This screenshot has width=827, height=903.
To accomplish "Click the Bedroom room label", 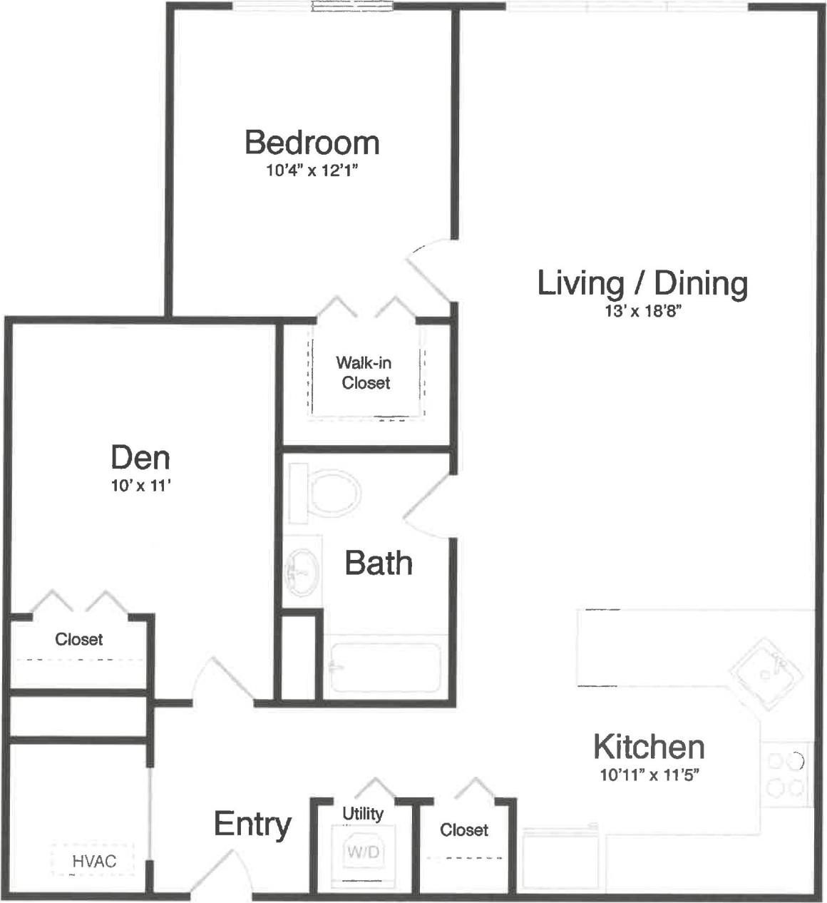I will point(312,143).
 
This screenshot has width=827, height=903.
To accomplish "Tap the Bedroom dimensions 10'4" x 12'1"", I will point(312,170).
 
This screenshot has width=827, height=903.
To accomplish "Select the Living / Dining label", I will point(642,283).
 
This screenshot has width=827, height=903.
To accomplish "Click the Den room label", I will point(140,457).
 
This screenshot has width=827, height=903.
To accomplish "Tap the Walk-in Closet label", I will point(365,372).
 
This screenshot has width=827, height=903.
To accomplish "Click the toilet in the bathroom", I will point(331,491).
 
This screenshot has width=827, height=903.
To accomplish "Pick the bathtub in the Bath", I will point(384,667).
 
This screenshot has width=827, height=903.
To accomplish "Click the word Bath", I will point(379,563).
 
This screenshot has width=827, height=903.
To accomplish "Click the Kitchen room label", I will point(649,747).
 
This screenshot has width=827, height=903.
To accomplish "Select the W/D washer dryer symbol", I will point(364,852).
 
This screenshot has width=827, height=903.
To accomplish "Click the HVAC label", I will point(93,862).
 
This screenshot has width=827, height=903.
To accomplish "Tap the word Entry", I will point(252,825).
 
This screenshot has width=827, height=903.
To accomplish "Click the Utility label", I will point(363,813).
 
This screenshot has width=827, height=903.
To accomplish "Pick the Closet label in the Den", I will point(79,639).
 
